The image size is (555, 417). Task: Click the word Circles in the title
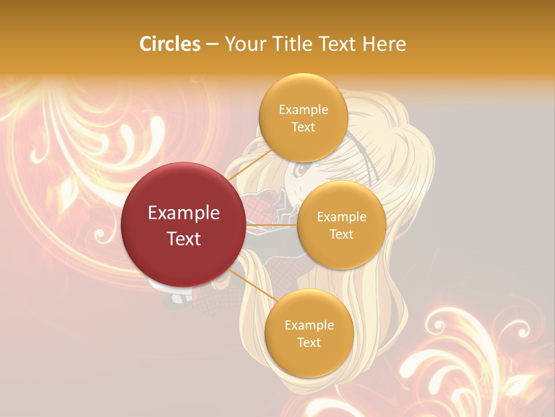click(170, 44)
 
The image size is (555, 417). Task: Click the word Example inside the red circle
click(184, 213)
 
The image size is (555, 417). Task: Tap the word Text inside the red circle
click(184, 239)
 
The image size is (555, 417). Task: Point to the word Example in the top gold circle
click(303, 110)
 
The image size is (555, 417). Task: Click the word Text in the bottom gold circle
click(309, 343)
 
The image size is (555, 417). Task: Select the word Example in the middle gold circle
click(341, 217)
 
